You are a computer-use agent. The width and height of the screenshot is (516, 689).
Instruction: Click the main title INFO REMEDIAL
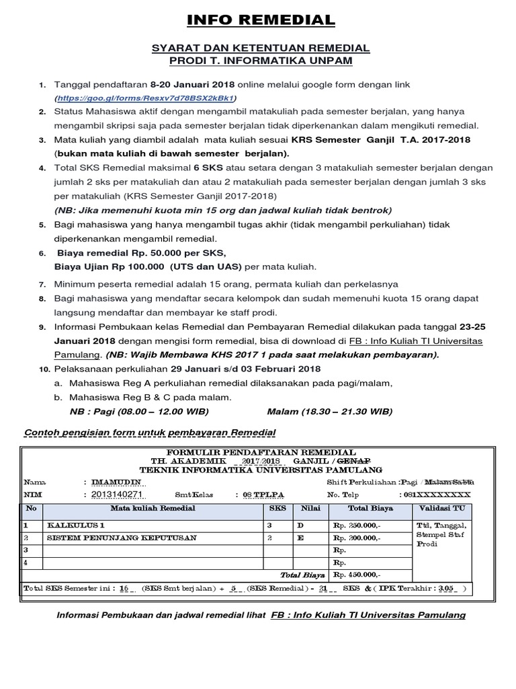coord(258,20)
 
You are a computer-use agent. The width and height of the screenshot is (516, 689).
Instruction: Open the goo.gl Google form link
coord(150,98)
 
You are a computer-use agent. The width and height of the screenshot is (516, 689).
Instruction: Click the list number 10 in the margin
coord(44,369)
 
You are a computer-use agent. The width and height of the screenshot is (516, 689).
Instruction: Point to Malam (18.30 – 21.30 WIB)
coord(329,411)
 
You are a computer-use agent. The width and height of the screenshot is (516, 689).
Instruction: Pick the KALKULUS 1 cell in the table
coord(75,525)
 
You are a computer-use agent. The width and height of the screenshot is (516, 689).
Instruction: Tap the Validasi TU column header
coord(441,509)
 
